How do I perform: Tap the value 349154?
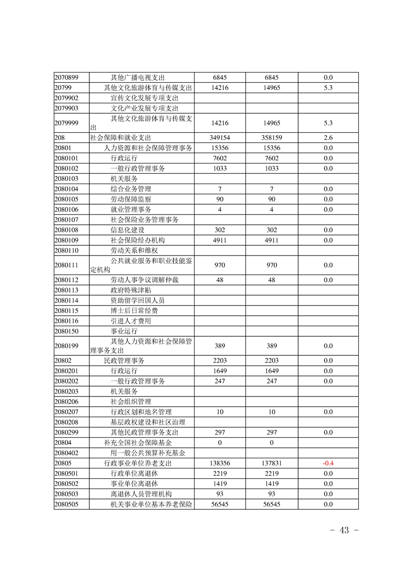220,138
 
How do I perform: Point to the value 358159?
272,138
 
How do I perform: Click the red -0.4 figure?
328,463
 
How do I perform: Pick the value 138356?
220,463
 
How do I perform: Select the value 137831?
272,463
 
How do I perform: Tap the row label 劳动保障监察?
131,199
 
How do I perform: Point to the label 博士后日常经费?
134,311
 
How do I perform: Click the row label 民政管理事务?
124,360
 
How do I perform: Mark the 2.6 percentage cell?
328,138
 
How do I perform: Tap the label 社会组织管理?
131,402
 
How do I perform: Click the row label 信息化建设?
127,230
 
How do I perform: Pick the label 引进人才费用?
131,321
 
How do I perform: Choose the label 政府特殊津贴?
131,290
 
